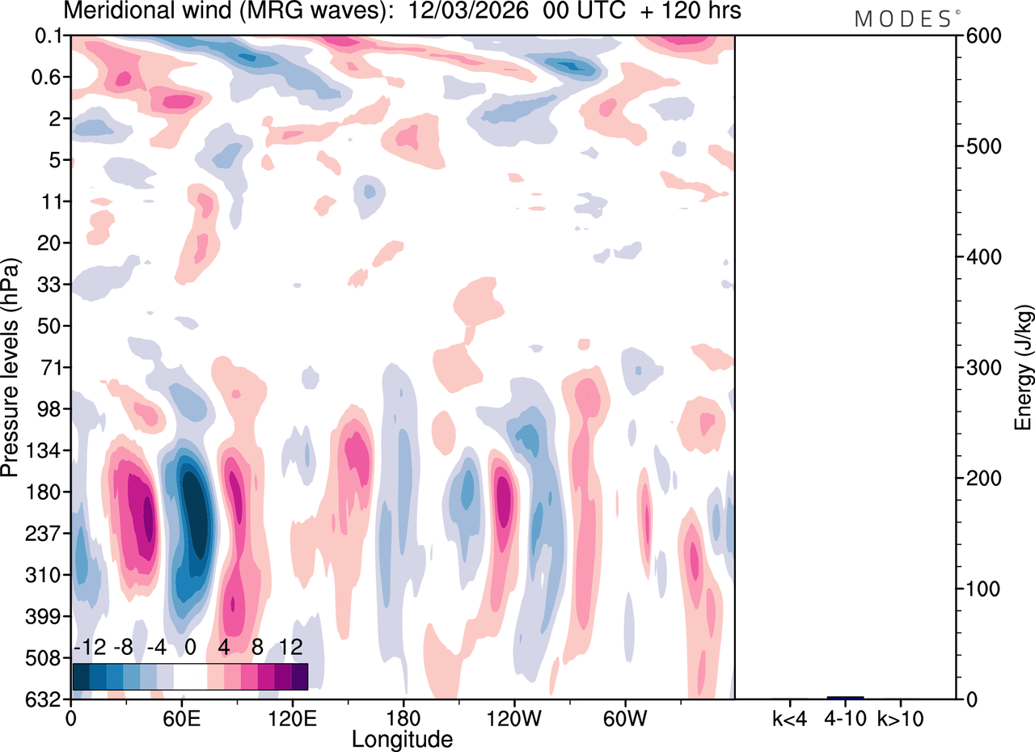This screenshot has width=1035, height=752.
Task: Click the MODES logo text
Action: click(x=902, y=19)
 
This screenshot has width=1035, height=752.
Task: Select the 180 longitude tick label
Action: click(x=403, y=716)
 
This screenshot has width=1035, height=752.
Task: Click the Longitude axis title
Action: click(x=402, y=738)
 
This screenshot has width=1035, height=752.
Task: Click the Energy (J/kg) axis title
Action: click(x=1024, y=367)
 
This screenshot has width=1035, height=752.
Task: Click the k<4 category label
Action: click(x=789, y=716)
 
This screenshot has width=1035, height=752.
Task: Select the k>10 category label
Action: click(x=901, y=716)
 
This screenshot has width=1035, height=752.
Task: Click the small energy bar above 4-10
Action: click(x=845, y=697)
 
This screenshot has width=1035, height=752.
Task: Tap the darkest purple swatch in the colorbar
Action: click(x=299, y=676)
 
